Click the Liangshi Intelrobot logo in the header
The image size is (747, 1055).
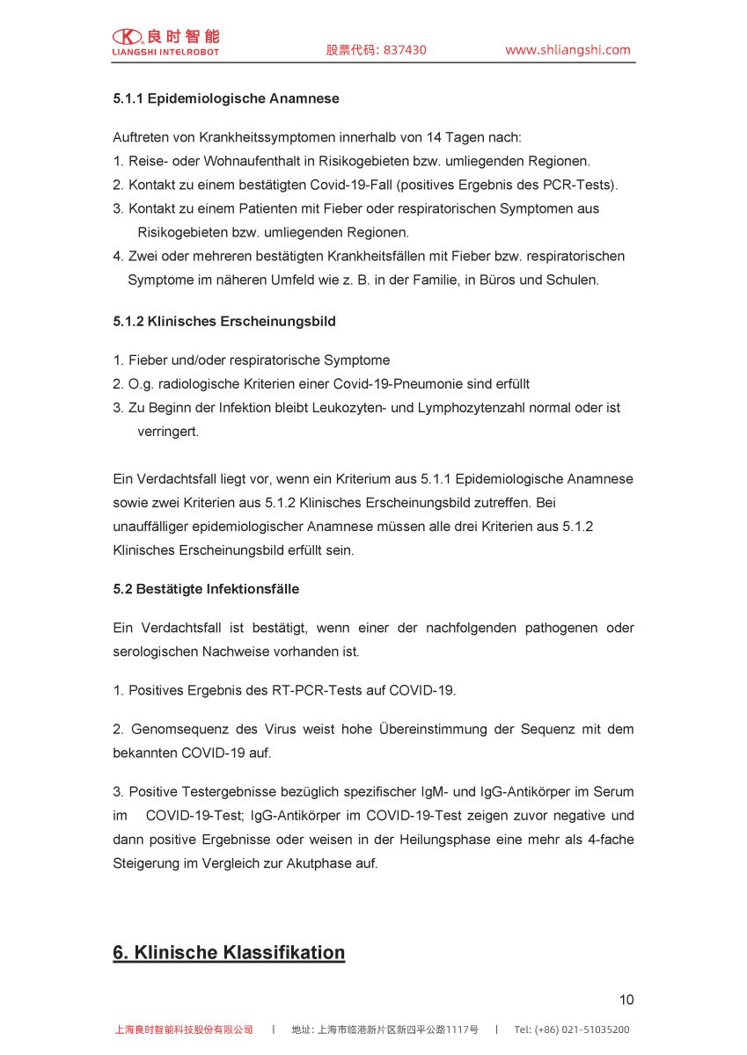pyautogui.click(x=165, y=42)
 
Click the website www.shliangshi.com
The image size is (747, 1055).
pyautogui.click(x=568, y=50)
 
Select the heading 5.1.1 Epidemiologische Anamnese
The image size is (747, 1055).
pyautogui.click(x=225, y=98)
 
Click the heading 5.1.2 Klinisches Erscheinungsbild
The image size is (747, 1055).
pyautogui.click(x=223, y=322)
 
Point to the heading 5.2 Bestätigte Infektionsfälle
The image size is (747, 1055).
pyautogui.click(x=206, y=589)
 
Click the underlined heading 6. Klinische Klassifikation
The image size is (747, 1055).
pyautogui.click(x=229, y=953)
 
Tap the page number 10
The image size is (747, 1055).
pyautogui.click(x=626, y=1000)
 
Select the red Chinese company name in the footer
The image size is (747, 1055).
pyautogui.click(x=184, y=1030)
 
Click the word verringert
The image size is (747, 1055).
pyautogui.click(x=167, y=432)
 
